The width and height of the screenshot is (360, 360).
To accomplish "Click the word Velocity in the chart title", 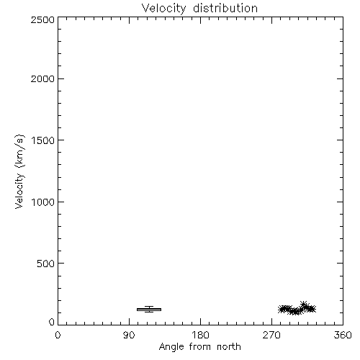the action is click(x=163, y=9).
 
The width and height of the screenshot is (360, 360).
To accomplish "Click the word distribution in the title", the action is click(x=225, y=8).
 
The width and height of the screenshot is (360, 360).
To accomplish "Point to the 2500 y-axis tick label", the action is click(x=42, y=19).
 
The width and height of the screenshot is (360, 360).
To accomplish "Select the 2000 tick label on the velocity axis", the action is click(x=42, y=78).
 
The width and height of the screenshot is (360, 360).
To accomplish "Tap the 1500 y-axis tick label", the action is click(x=43, y=140).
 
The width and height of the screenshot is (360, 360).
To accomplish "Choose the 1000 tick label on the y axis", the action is click(x=43, y=202).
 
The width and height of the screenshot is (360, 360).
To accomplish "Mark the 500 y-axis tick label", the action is click(x=46, y=264).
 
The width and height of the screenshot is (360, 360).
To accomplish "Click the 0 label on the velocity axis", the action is click(x=52, y=322).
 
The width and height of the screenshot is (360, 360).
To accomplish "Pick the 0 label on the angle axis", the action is click(x=58, y=335).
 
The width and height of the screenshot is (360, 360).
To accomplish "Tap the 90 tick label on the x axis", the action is click(x=129, y=335).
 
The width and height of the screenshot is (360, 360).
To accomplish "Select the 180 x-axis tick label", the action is click(x=200, y=335).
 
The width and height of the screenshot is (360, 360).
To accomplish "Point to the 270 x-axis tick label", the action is click(x=271, y=335).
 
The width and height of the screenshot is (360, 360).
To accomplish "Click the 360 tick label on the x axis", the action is click(x=343, y=335).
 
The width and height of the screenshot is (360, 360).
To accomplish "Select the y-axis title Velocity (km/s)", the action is click(x=19, y=171).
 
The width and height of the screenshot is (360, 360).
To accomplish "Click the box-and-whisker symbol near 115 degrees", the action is click(x=149, y=310).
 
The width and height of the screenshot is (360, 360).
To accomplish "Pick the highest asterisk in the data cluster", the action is click(x=304, y=305).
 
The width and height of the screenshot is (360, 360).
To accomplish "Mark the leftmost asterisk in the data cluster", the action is click(x=282, y=310).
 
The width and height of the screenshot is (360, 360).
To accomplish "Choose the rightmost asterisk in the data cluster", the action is click(x=312, y=309).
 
